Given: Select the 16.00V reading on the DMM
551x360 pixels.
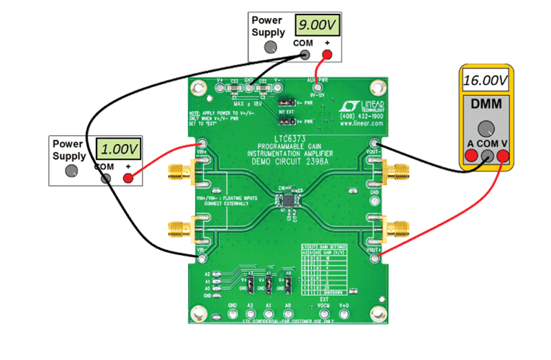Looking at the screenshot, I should (486, 79).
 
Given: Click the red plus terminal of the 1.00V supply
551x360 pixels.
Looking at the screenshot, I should (129, 176).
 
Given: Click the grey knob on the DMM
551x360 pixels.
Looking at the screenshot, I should (486, 129).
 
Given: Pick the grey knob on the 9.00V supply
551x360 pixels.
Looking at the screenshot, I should (269, 47).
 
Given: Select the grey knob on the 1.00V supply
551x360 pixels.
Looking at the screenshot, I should (71, 171).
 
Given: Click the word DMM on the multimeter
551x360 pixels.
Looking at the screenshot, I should (486, 104).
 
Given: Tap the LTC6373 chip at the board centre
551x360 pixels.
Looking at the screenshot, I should (289, 199).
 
